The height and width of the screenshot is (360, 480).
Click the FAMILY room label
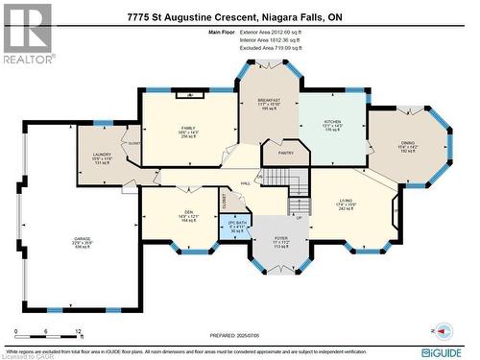tap(188, 128)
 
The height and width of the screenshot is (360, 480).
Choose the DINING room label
tap(408, 142)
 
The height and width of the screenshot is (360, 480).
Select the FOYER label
tap(281, 241)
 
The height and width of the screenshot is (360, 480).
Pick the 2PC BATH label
tap(235, 227)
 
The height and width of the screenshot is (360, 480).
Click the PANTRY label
tap(285, 152)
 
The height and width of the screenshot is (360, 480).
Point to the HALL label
tap(246, 182)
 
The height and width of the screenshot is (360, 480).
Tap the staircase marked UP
tap(300, 206)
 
